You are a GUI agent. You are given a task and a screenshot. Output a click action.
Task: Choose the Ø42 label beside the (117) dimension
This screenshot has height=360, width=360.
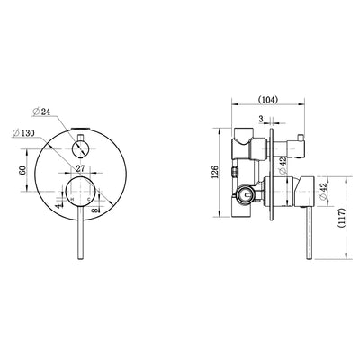(322, 189)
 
